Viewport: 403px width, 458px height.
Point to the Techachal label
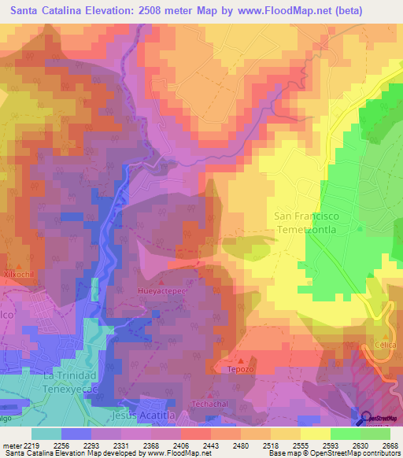pyautogui.click(x=209, y=404)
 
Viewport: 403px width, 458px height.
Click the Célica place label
pyautogui.click(x=385, y=345)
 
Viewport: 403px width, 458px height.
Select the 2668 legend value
pyautogui.click(x=390, y=446)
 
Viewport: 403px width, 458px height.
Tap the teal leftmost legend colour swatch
pyautogui.click(x=46, y=434)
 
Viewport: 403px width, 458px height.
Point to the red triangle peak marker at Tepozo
pyautogui.click(x=241, y=360)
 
